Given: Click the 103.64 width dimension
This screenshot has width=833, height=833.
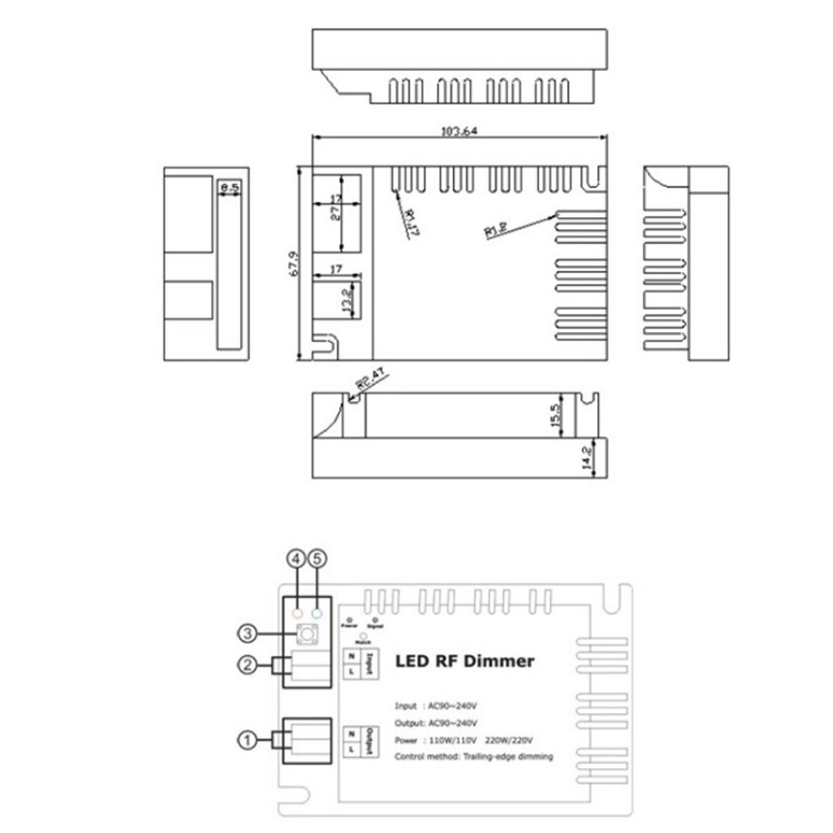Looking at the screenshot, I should (x=459, y=131).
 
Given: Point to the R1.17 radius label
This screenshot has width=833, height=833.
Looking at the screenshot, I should (x=410, y=222).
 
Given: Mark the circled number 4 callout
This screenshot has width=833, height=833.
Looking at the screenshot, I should (x=296, y=559).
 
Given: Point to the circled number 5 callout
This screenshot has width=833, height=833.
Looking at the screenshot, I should (x=317, y=559).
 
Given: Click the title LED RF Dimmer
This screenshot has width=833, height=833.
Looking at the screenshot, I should (x=464, y=661).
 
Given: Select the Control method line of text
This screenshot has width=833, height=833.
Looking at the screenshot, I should (x=473, y=757).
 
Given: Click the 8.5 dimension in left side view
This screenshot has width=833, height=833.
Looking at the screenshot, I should (x=231, y=189).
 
